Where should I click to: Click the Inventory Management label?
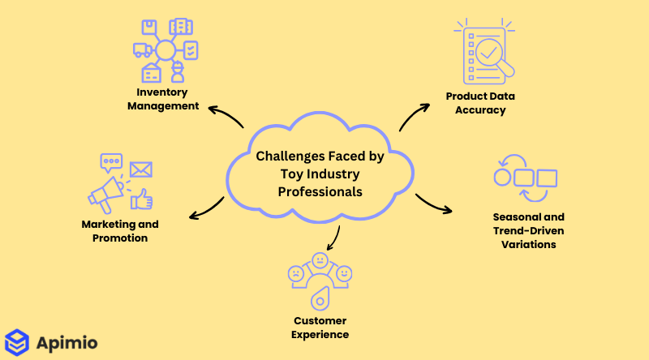167,99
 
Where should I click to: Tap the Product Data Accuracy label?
480,103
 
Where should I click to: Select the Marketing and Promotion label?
120,231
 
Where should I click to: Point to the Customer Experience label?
320,328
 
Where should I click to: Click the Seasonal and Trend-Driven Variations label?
528,230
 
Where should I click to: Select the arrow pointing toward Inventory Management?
225,115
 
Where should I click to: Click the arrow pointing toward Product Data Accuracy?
415,115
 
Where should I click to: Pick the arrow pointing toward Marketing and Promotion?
206,209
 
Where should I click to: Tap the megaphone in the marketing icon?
106,195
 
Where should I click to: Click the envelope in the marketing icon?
140,169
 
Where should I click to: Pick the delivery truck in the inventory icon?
141,49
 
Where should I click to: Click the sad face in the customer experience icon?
297,274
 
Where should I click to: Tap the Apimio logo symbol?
16,341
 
